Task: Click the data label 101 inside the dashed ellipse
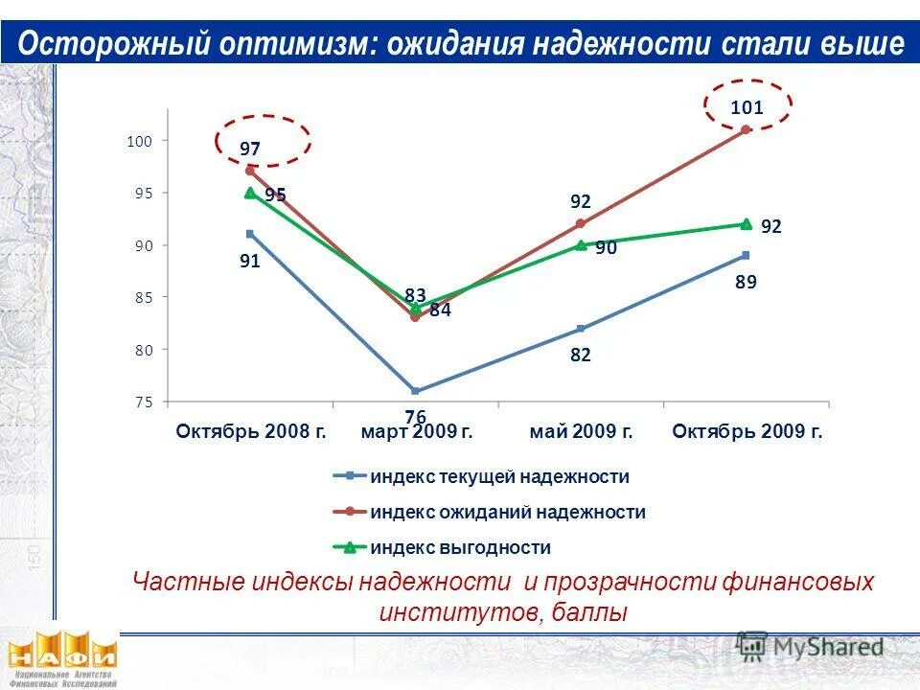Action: tap(747, 107)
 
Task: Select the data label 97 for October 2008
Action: tap(250, 149)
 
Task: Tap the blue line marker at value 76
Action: tap(415, 391)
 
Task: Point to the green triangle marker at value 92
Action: tap(746, 223)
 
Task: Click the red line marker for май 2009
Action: tap(581, 223)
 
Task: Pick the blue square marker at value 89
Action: tap(746, 255)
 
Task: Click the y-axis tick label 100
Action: tap(140, 141)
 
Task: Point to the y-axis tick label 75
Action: tap(143, 402)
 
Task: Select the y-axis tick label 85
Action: tap(143, 298)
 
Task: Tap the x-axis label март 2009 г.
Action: tap(417, 432)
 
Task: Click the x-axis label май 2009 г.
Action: tap(581, 432)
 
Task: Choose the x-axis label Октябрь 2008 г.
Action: tap(251, 432)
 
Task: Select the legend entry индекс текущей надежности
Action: tap(499, 476)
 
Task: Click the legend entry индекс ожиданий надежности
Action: tap(507, 513)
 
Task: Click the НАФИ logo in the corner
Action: tap(62, 657)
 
